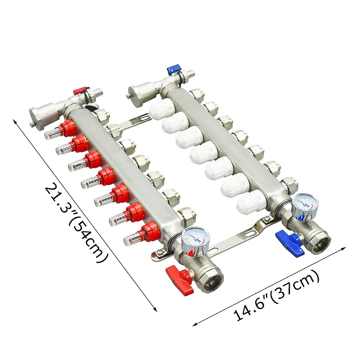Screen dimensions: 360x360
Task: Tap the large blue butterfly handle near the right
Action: pyautogui.click(x=288, y=238)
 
